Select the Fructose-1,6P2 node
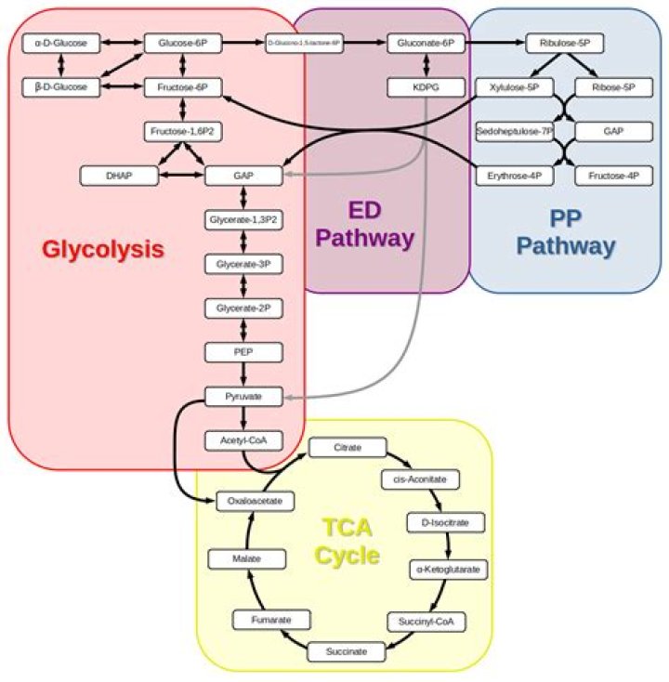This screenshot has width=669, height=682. pos(182,131)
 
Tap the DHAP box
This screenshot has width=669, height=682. pos(117,175)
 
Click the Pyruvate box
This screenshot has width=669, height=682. pos(243,397)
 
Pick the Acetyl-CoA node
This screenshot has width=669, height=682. pos(243,439)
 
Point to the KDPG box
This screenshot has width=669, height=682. pos(426,87)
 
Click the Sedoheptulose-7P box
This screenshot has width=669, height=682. pos(515,131)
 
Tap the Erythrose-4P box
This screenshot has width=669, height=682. pos(515,175)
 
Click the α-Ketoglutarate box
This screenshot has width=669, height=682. pos(449,567)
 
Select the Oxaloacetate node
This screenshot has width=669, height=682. pos(256,501)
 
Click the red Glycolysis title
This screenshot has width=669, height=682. pos(103,249)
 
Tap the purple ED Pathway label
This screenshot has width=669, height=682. pos(364,225)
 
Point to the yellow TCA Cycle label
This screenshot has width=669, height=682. pos(347,542)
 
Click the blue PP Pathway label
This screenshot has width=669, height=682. pos(566,232)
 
